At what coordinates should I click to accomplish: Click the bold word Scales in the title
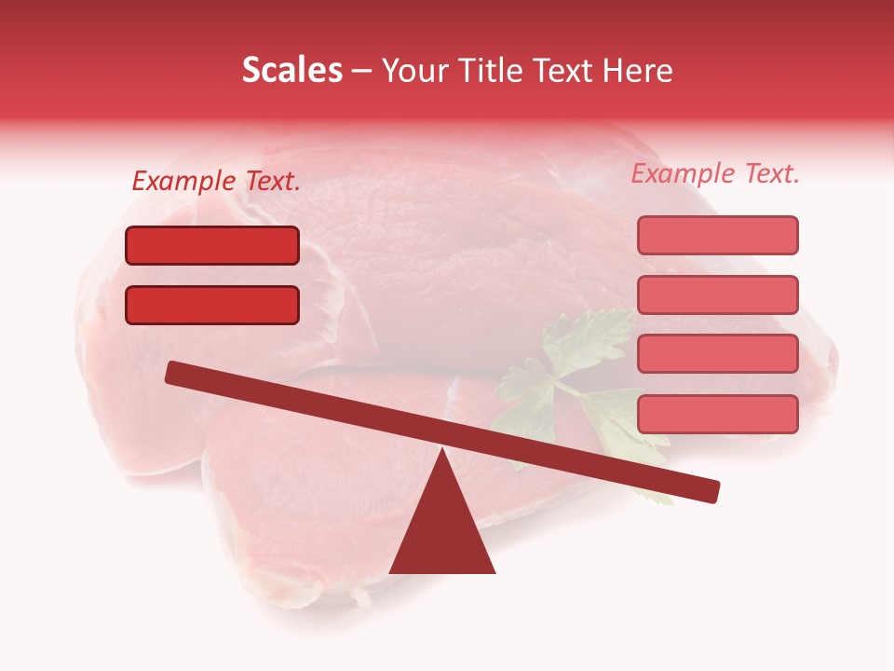point(291,70)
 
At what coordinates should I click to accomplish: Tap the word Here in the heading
point(636,70)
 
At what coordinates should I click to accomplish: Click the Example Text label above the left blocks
point(216,182)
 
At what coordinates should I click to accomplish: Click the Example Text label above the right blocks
point(715,173)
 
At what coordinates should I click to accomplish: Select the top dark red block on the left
point(212,245)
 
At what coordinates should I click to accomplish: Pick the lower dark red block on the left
point(212,305)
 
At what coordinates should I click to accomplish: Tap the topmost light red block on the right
point(717,235)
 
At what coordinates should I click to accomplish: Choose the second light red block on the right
point(717,294)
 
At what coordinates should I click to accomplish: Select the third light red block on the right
point(717,353)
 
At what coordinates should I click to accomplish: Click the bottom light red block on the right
point(717,414)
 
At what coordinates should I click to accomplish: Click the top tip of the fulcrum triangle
point(442,451)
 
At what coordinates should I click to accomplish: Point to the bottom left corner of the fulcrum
point(391,571)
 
